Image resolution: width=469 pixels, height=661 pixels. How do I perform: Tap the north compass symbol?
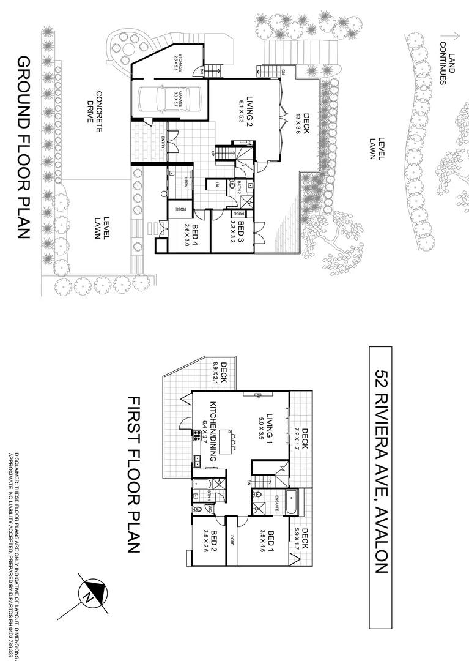tap(91, 592)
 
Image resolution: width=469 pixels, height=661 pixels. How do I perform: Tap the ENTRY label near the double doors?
tap(163, 141)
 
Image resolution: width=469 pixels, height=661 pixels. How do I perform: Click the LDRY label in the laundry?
tap(185, 182)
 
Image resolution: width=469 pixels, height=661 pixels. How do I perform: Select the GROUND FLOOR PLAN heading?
tap(24, 149)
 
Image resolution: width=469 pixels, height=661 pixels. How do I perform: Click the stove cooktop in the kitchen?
tap(197, 436)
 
